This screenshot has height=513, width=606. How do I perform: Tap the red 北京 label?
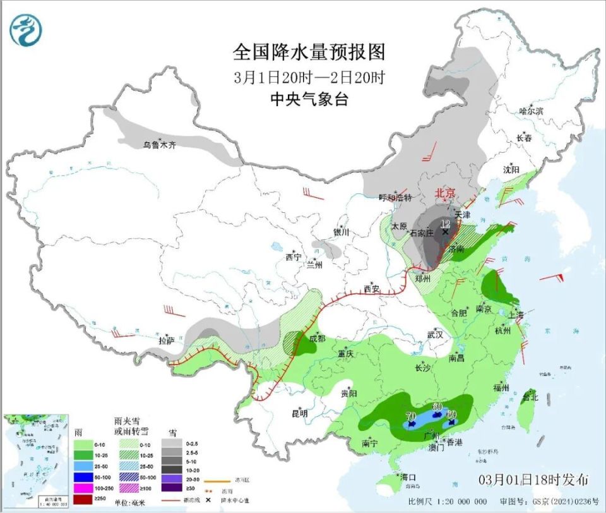pyautogui.click(x=446, y=193)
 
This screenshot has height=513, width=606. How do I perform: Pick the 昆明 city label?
pyautogui.click(x=299, y=414)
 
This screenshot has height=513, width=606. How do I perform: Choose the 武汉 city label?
pyautogui.click(x=436, y=334)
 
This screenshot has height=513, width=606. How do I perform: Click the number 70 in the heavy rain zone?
pyautogui.click(x=410, y=416)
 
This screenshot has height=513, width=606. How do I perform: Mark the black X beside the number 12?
pyautogui.click(x=445, y=232)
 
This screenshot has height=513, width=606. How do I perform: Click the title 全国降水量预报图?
pyautogui.click(x=309, y=51)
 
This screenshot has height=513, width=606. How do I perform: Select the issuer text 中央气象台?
pyautogui.click(x=309, y=99)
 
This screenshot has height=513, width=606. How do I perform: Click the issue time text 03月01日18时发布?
pyautogui.click(x=534, y=478)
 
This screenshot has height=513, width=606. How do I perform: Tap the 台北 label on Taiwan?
pyautogui.click(x=529, y=397)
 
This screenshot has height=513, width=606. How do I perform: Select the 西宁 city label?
pyautogui.click(x=294, y=257)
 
